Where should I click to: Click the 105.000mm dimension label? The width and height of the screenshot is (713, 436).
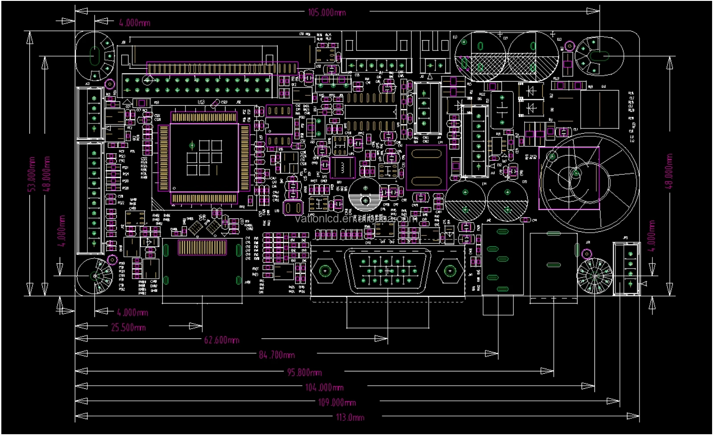point(327,12)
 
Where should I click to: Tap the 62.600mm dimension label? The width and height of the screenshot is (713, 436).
point(221,340)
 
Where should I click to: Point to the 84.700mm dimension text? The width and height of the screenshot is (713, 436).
point(276,355)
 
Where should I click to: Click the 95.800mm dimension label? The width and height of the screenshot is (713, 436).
point(304,373)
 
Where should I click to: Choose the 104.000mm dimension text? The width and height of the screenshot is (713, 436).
point(324,387)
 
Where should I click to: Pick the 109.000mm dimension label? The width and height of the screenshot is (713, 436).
point(336,403)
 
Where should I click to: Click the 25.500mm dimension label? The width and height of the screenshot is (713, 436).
point(128,328)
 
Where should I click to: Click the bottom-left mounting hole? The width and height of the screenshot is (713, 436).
point(94,276)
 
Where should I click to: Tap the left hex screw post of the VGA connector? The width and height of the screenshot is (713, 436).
point(325,271)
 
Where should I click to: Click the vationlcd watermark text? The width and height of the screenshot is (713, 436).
point(356,218)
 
